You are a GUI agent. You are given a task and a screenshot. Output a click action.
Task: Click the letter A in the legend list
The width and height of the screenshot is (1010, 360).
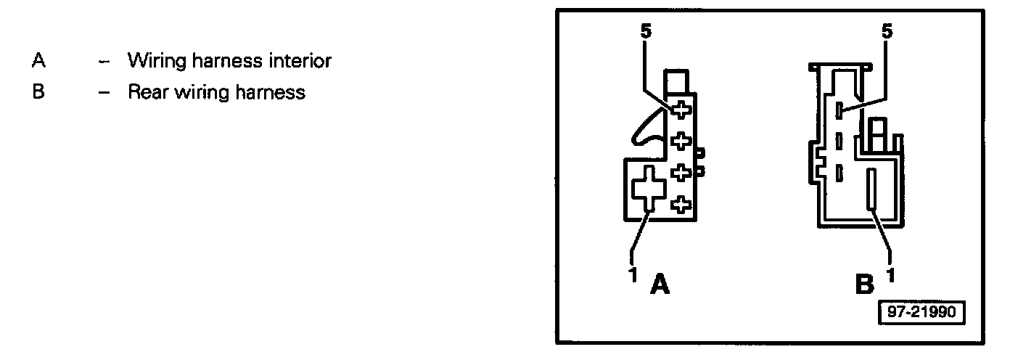39,61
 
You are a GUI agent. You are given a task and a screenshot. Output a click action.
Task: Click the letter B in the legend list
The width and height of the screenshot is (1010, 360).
39,93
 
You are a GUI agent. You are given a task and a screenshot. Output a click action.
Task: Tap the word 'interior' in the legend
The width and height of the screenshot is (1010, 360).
298,61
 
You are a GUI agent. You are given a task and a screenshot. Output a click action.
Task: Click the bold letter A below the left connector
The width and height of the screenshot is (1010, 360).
660,285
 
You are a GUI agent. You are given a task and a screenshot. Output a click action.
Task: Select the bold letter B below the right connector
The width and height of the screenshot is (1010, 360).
864,285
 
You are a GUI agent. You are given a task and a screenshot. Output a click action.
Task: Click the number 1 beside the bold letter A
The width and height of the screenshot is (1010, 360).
633,274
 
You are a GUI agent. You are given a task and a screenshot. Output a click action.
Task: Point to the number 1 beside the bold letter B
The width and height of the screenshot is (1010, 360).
890,274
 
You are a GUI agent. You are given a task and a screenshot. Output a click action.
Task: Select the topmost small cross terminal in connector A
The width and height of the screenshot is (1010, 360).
681,110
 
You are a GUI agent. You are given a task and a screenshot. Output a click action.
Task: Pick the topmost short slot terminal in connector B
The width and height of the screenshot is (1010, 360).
839,110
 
